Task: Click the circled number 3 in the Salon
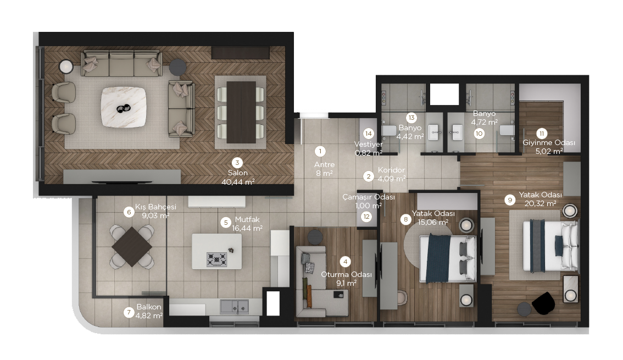(x=237, y=163)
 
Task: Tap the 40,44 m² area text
(x=238, y=182)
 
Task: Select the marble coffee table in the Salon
(x=124, y=107)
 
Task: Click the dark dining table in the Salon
(x=241, y=112)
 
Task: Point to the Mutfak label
(x=247, y=219)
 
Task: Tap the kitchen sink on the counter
(x=235, y=306)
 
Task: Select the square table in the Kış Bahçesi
(x=132, y=247)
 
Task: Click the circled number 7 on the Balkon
(x=129, y=312)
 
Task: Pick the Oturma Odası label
(x=346, y=275)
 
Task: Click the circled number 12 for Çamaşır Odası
(x=366, y=217)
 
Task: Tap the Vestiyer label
(x=368, y=144)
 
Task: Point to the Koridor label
(x=391, y=170)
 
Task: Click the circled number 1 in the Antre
(x=320, y=151)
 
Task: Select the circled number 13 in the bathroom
(x=411, y=118)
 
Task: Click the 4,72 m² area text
(x=485, y=123)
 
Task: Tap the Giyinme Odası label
(x=549, y=143)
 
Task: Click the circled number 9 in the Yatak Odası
(x=510, y=200)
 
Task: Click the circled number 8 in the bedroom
(x=405, y=219)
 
